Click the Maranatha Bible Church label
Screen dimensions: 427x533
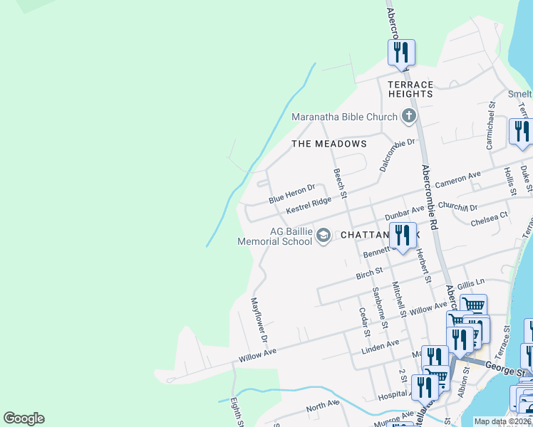click(344, 117)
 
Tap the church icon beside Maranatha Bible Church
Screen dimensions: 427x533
click(409, 115)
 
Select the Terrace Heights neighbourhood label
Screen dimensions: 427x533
click(410, 89)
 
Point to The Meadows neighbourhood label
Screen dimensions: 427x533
click(329, 144)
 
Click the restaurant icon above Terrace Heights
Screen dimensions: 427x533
click(402, 53)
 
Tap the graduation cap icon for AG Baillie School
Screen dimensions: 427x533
click(324, 235)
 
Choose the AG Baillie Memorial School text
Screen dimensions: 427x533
click(275, 236)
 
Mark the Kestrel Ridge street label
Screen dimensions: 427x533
click(309, 206)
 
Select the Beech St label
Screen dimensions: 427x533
click(341, 184)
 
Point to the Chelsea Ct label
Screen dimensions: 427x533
click(490, 218)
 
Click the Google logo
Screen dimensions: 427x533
click(24, 418)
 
